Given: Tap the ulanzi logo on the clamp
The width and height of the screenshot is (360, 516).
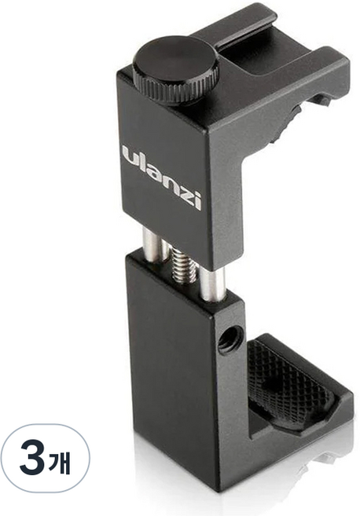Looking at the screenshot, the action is pos(161,176).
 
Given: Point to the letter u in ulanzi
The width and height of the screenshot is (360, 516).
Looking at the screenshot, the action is pos(130,156).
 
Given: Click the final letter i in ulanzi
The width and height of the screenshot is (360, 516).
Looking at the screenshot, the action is pos(197,199).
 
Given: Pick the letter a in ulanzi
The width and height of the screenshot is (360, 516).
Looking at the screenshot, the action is pos(153,171).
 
